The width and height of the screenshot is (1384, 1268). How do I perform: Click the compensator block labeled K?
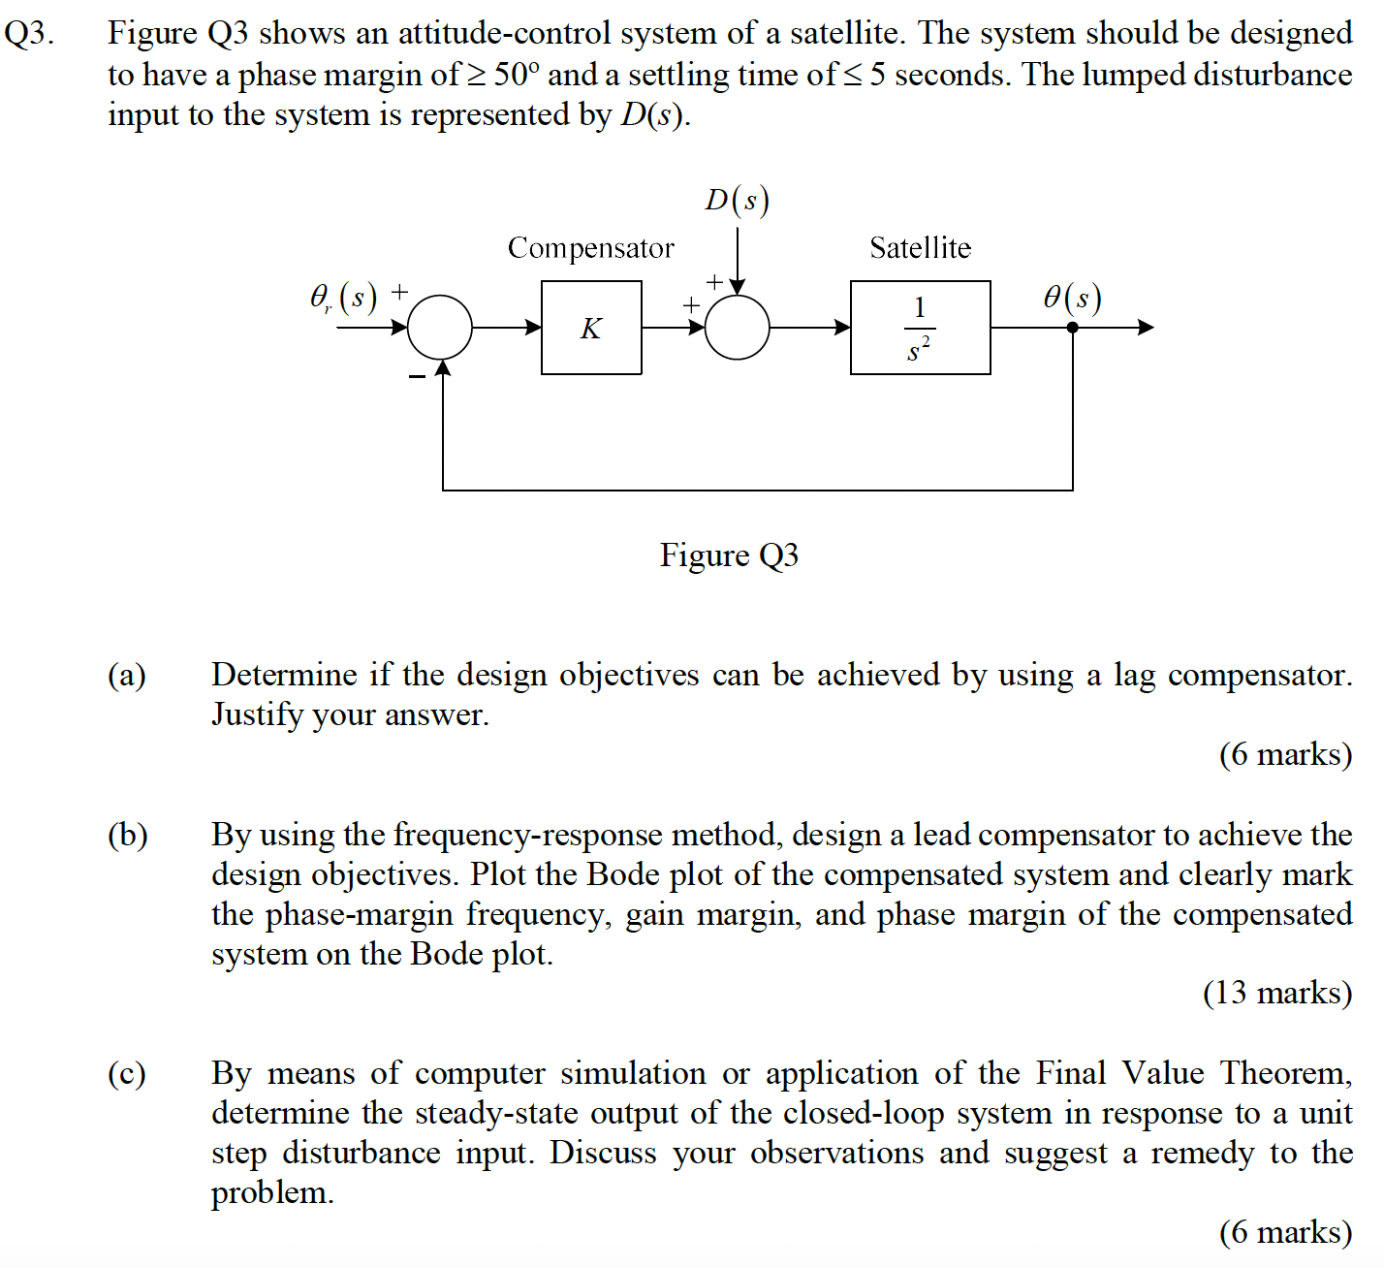click(x=591, y=328)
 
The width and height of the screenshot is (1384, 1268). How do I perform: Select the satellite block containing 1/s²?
click(x=920, y=328)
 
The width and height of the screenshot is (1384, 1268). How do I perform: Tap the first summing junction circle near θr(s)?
click(x=440, y=328)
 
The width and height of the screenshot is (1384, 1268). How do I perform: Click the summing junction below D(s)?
click(x=737, y=328)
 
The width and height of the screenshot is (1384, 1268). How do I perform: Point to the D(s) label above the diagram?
click(x=737, y=200)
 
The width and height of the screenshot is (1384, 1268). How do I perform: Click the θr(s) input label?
click(x=342, y=297)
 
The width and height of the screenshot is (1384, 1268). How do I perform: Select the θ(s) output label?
click(x=1072, y=297)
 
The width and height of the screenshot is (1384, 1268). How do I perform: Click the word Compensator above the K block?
click(x=590, y=248)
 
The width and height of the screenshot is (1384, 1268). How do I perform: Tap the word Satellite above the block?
click(x=920, y=248)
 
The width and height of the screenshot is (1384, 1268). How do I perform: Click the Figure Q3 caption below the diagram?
click(x=729, y=555)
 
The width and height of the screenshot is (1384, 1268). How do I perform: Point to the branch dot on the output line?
click(x=1072, y=328)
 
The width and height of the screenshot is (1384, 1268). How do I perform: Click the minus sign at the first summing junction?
click(x=417, y=376)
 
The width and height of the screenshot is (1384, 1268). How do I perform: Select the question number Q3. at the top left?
click(x=29, y=34)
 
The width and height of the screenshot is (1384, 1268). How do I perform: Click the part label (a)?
click(x=127, y=675)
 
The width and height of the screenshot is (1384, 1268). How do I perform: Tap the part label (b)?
click(x=127, y=835)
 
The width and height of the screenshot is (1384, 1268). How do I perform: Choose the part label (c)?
click(x=127, y=1073)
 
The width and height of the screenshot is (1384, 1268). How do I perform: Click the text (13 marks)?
click(x=1276, y=993)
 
